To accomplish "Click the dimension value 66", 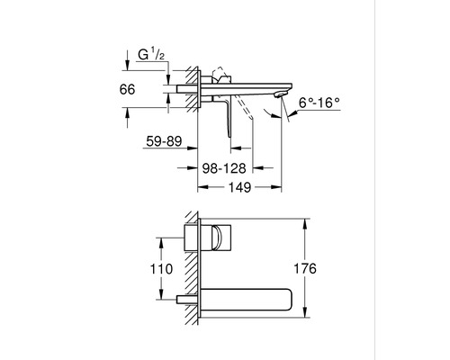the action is pos(127,89).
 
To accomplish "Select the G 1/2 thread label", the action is pos(151,55).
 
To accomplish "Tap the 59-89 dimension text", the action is pos(164,141).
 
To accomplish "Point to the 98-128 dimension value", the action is pos(224,168).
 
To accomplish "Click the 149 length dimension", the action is pos(239,187).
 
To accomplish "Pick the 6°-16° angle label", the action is pos(319,103).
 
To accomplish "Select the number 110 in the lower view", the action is pos(161,269).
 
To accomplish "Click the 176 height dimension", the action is pos(305,268).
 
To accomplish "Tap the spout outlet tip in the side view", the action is pos(281,94).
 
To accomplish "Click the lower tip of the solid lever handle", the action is pos(230,136).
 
